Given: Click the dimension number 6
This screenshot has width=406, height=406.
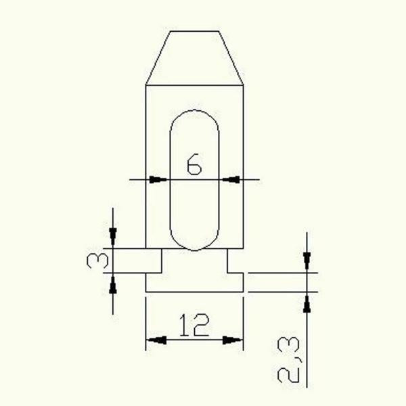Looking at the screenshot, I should (194, 164).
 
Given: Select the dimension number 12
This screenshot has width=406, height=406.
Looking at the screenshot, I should (194, 327).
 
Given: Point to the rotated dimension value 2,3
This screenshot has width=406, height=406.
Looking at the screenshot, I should (292, 362).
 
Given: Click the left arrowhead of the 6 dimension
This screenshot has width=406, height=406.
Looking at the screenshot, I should (157, 179).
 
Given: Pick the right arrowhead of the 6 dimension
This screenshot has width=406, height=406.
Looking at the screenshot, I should (231, 179).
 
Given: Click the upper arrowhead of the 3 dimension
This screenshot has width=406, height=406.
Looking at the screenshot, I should (113, 238).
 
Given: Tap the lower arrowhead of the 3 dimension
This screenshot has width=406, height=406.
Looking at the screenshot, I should (113, 282).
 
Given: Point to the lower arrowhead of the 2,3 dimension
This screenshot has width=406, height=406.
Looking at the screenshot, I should (307, 302).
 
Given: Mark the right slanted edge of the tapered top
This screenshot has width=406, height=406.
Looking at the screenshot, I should (231, 58).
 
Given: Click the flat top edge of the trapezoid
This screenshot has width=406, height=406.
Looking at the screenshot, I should (194, 31).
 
